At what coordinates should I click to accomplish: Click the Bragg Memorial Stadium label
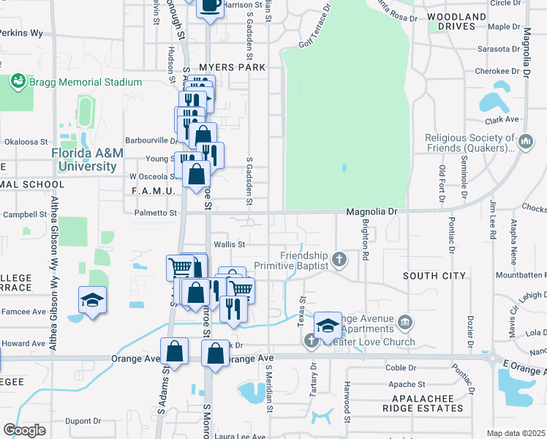tap(86, 82)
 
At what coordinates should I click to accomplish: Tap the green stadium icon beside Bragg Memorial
tap(18, 82)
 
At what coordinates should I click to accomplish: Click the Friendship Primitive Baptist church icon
tap(339, 258)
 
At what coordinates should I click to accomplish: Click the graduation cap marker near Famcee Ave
tap(93, 300)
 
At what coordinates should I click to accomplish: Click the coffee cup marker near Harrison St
tap(209, 6)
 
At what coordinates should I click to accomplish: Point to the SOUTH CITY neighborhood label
tap(434, 275)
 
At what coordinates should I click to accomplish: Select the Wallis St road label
tap(229, 244)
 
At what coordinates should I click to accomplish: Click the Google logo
tap(24, 430)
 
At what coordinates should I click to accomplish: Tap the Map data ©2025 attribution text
tap(516, 433)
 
